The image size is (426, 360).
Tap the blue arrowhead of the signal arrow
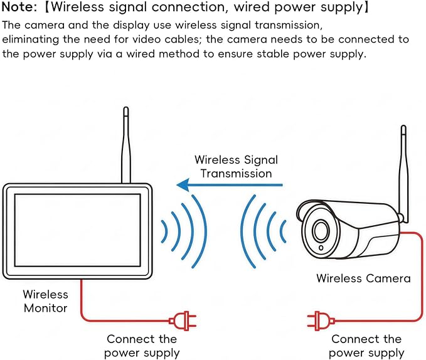(183, 185)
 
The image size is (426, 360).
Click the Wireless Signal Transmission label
(236, 166)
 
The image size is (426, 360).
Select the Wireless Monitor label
(45, 301)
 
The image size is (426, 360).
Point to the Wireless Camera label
(363, 278)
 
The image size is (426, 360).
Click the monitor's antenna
(125, 145)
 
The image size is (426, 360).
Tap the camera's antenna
(403, 174)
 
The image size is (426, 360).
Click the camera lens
(321, 230)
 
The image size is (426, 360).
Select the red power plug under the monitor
(183, 321)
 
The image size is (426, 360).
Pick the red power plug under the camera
(321, 321)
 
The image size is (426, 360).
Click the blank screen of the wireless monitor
(77, 230)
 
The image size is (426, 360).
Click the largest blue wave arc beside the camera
(248, 231)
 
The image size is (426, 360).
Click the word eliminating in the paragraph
(30, 40)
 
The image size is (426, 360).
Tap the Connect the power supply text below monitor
(142, 346)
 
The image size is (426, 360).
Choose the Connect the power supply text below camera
(366, 346)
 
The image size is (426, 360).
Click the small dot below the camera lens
(321, 248)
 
